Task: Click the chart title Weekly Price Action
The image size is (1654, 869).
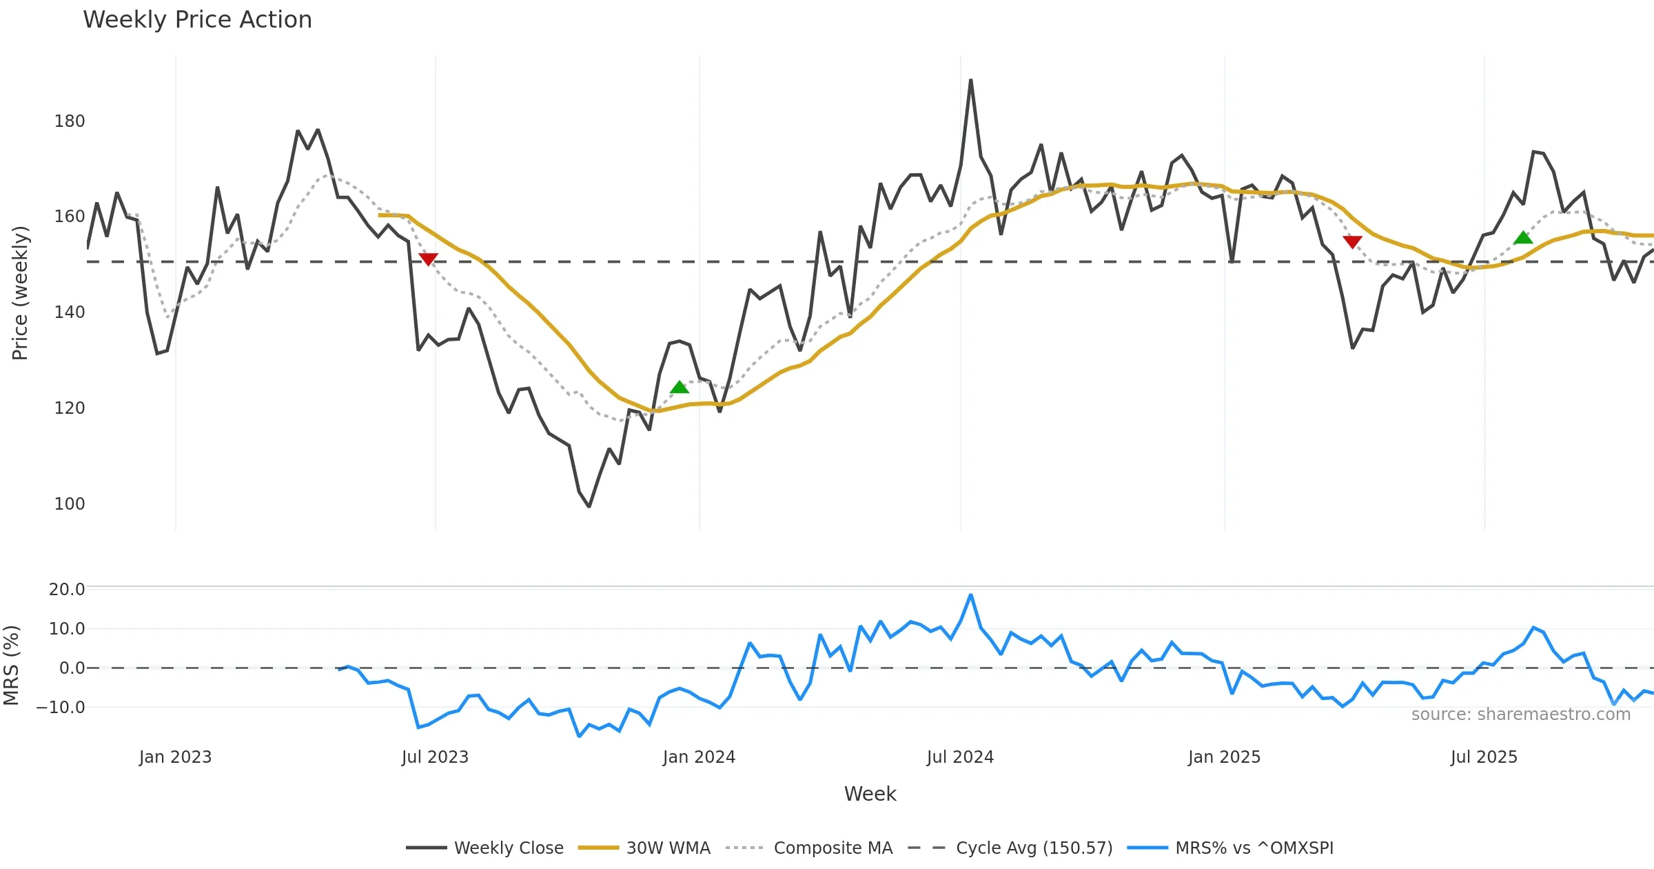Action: tap(197, 20)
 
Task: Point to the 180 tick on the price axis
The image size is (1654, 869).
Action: tap(70, 121)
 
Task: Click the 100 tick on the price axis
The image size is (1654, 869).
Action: tap(70, 504)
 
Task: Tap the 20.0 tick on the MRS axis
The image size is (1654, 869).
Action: tap(67, 590)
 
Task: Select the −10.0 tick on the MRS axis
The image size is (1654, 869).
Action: tap(61, 708)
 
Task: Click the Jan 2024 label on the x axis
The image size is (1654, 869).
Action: tap(699, 757)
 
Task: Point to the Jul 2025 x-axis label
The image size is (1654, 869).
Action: tap(1484, 757)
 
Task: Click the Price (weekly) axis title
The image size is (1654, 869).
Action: tap(20, 293)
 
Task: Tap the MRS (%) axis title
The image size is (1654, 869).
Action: tap(11, 666)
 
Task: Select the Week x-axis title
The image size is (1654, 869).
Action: tap(870, 795)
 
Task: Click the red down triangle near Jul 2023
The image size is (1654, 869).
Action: tap(428, 259)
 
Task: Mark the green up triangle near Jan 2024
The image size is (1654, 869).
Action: tap(680, 387)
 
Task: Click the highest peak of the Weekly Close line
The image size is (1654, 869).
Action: tap(970, 81)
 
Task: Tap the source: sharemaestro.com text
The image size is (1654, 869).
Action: tap(1520, 715)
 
